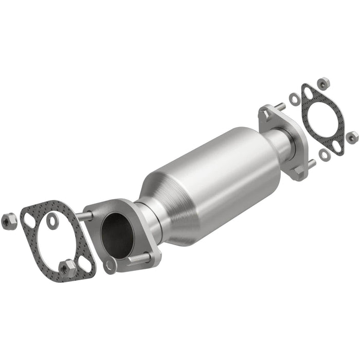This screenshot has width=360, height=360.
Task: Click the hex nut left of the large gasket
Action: pos(9,221)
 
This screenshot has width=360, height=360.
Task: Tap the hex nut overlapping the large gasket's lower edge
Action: pos(67,268)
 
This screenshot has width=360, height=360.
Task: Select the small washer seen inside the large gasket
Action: pos(52,220)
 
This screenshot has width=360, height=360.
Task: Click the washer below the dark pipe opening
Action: pos(110,266)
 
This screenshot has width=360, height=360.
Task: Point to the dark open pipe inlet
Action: pos(117,235)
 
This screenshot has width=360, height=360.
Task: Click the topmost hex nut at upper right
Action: pos(324,82)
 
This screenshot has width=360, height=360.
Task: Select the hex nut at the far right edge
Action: pos(352,137)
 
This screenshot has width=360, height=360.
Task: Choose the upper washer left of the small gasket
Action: pos(294,99)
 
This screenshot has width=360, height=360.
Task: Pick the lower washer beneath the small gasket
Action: pos(324,154)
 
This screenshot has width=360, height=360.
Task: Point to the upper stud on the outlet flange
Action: pos(280,107)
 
